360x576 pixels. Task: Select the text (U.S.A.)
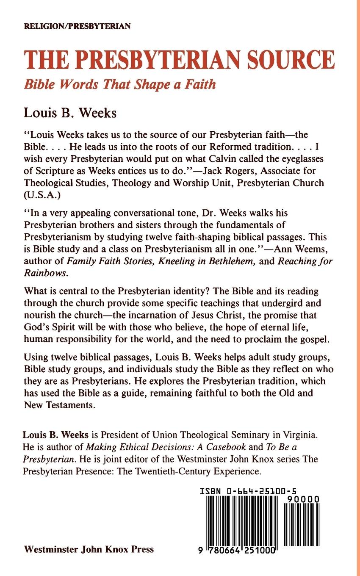(x=39, y=195)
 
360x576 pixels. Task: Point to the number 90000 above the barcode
(x=302, y=501)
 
